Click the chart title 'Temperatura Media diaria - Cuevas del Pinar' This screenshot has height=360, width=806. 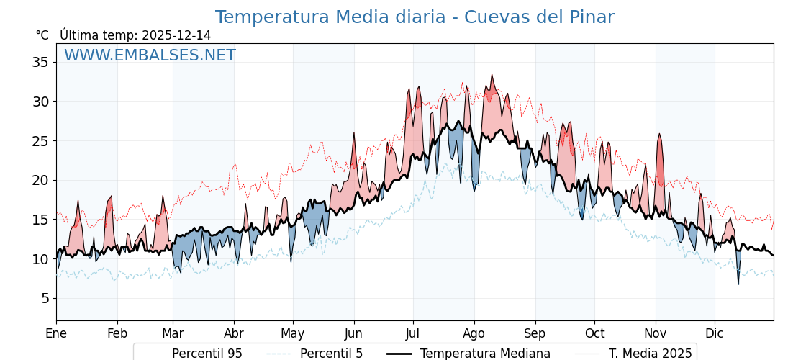414,17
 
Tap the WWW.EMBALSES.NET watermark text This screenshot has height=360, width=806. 150,55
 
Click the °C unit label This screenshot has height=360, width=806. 42,35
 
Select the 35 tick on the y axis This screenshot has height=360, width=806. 40,62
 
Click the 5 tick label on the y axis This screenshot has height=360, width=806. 44,298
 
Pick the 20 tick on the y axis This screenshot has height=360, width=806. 40,180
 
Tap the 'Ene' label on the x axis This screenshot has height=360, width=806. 56,333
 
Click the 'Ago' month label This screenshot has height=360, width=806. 474,333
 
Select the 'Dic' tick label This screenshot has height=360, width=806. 715,333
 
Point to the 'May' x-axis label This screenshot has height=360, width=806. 292,333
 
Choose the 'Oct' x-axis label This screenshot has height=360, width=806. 594,333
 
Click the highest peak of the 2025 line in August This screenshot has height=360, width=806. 492,75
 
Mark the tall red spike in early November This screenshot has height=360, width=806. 658,135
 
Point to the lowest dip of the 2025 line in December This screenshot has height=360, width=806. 738,284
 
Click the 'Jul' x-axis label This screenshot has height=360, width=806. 412,333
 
